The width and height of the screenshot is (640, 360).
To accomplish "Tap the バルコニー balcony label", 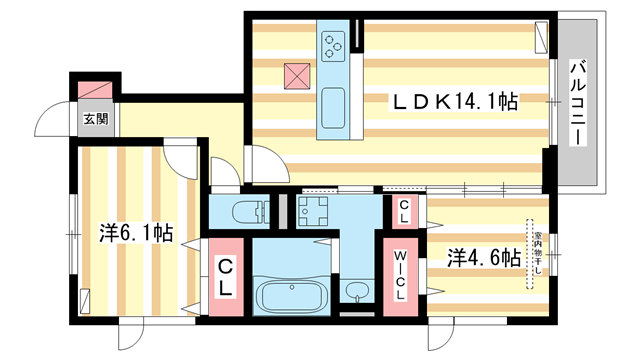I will (x=578, y=103).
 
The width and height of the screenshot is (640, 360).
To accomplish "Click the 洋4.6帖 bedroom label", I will (x=483, y=256).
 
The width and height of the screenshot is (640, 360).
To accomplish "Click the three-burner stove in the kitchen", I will (x=332, y=42).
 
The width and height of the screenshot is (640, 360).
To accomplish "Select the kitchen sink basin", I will (x=332, y=105).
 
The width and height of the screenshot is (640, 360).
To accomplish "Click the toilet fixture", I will (x=245, y=211).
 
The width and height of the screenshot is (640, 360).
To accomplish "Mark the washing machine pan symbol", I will (x=310, y=211).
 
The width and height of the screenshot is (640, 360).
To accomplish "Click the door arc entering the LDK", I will (x=264, y=163).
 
